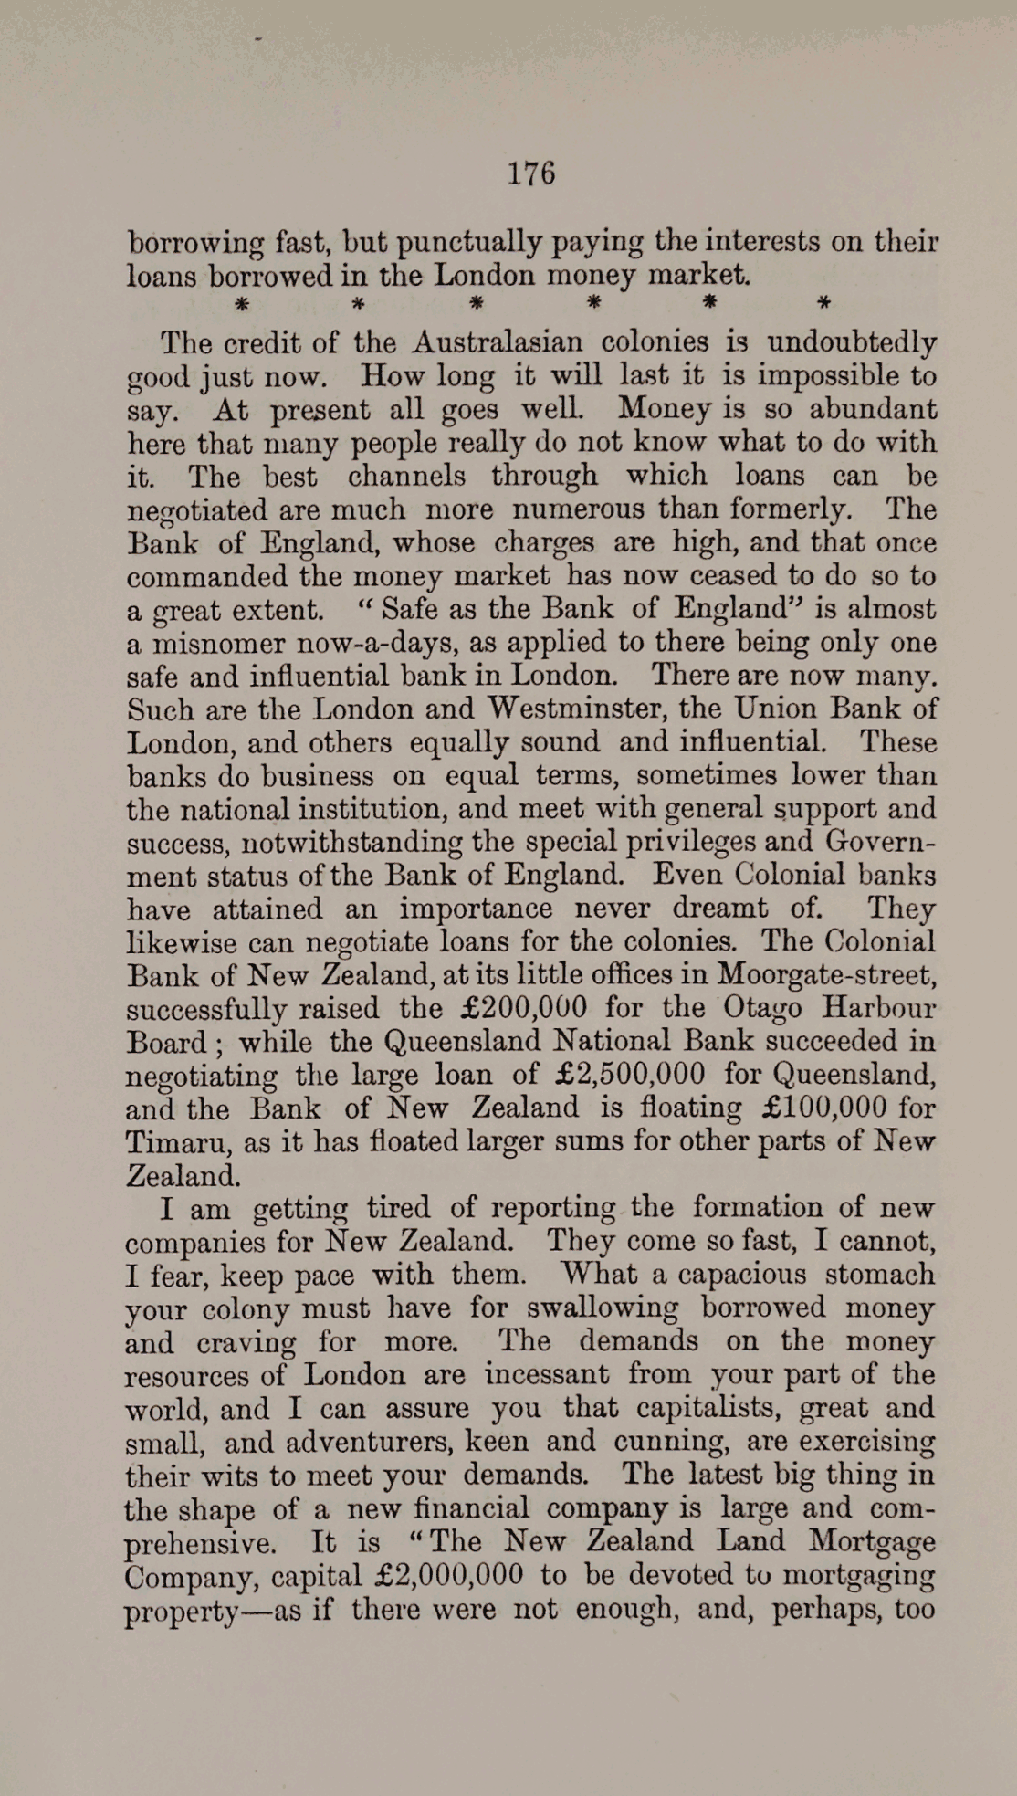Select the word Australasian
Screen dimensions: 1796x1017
(498, 342)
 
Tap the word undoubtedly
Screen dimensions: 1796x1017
(852, 342)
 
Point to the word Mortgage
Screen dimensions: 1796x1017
(872, 1541)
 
